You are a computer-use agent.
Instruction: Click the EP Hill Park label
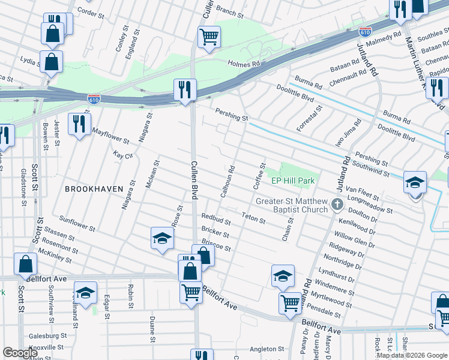tap(293, 181)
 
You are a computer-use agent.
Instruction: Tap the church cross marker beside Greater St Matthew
tap(337, 205)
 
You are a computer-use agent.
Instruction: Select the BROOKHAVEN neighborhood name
tap(94, 188)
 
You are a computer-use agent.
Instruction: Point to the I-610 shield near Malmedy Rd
tap(364, 31)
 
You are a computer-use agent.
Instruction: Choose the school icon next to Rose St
tap(161, 238)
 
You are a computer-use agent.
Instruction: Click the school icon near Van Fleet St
tap(415, 182)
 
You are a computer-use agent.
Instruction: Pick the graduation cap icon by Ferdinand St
tap(86, 292)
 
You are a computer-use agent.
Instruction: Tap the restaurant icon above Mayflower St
tap(79, 124)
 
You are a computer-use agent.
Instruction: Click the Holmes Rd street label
tap(243, 63)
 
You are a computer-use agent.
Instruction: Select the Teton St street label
tap(253, 217)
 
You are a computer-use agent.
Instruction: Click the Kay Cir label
tap(122, 155)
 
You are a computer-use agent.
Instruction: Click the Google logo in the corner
tap(20, 353)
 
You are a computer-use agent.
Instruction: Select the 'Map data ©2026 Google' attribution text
tap(411, 355)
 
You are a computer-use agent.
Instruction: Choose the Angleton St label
tap(267, 349)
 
